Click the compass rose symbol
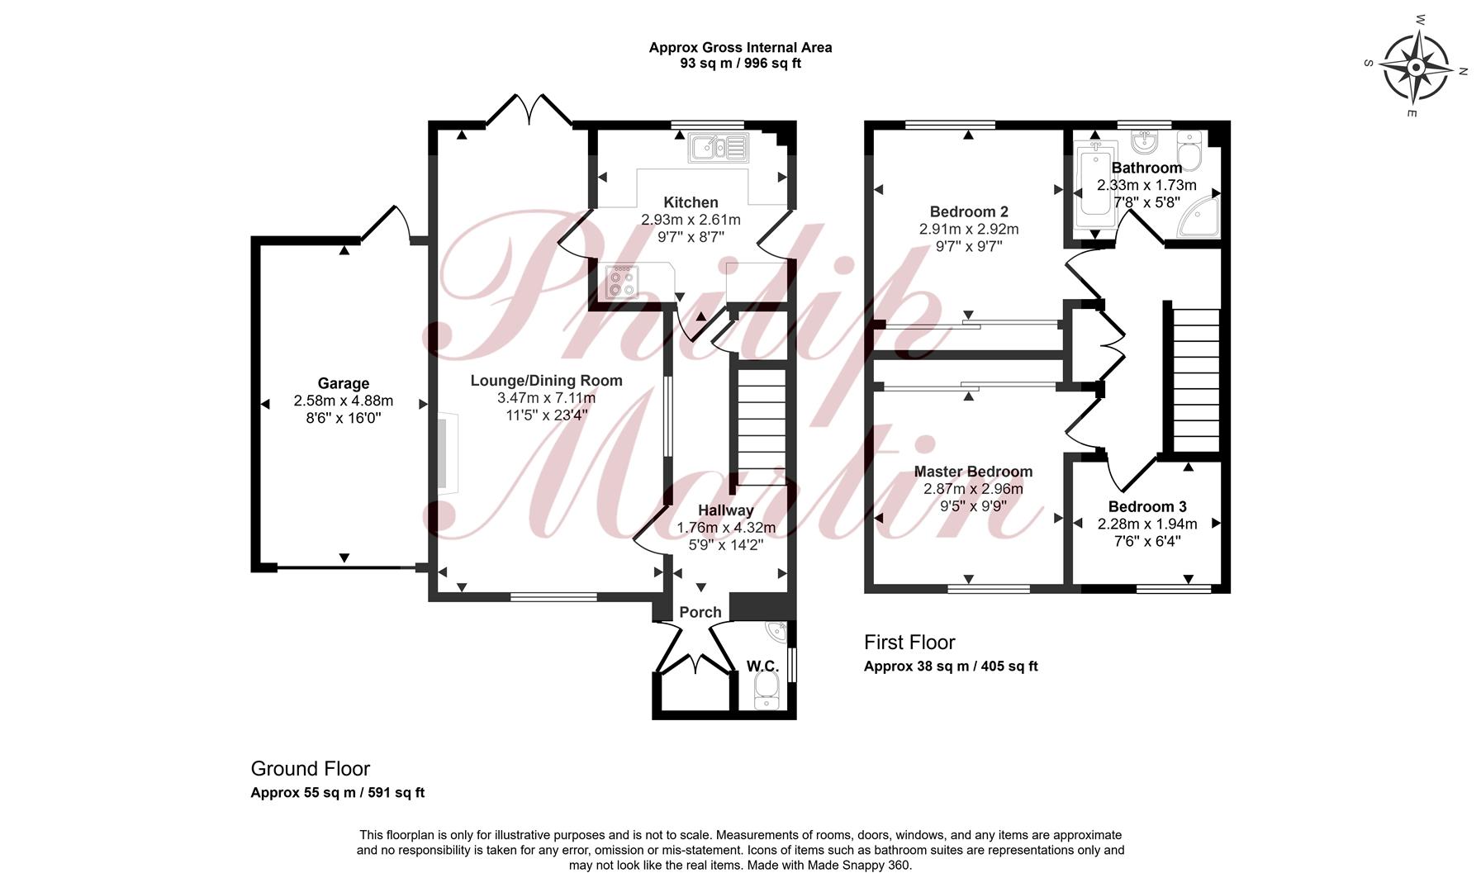point(1417,66)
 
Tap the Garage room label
point(344,383)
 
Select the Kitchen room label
point(691,202)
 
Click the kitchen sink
point(718,147)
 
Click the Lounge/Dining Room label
point(546,381)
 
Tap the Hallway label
point(726,510)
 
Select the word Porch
point(700,612)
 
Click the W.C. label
point(762,666)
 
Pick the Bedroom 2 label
point(969,211)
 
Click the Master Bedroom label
point(973,472)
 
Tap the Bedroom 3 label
point(1147,506)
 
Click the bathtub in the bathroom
point(1096,190)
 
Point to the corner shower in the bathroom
point(1200,216)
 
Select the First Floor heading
point(909,643)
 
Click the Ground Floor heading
point(311,769)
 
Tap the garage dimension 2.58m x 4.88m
point(344,401)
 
